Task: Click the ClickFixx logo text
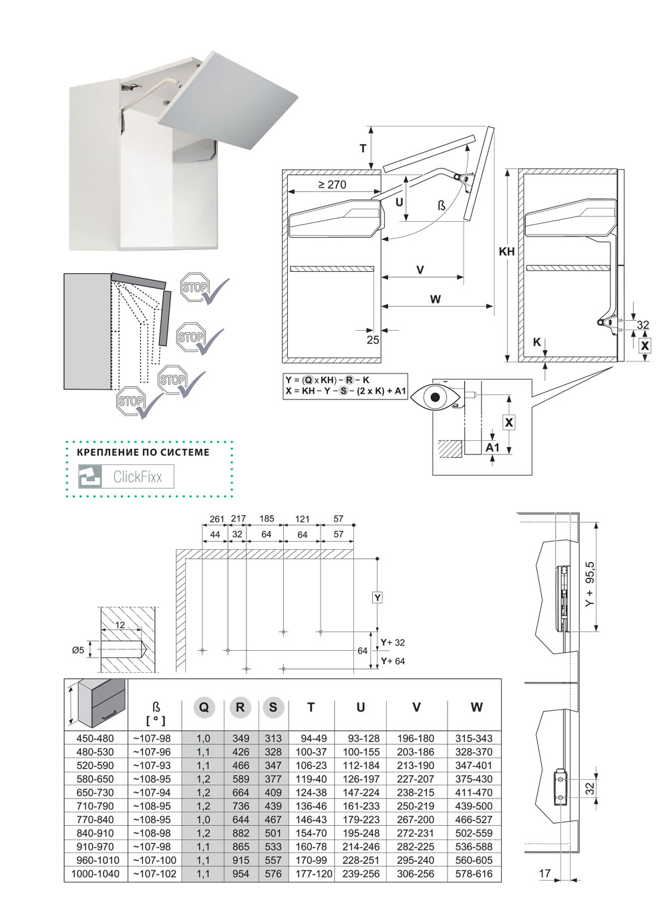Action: click(x=138, y=477)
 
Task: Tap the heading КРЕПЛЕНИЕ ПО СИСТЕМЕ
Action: click(x=144, y=452)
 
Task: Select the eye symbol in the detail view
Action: click(x=436, y=398)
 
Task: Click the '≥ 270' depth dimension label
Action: click(x=332, y=184)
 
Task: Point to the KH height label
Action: click(x=507, y=252)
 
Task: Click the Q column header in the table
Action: click(x=204, y=707)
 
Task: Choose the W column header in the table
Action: click(x=476, y=707)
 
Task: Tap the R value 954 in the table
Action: click(x=240, y=874)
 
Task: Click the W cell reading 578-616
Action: click(x=474, y=874)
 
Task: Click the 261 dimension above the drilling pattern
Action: click(x=216, y=519)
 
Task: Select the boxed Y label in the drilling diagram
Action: click(x=377, y=597)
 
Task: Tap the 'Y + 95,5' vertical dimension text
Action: click(x=590, y=583)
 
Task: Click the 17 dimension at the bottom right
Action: click(x=544, y=873)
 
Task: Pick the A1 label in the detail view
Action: click(x=492, y=447)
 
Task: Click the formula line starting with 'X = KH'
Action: click(x=346, y=392)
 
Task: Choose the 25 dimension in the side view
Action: click(x=373, y=339)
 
